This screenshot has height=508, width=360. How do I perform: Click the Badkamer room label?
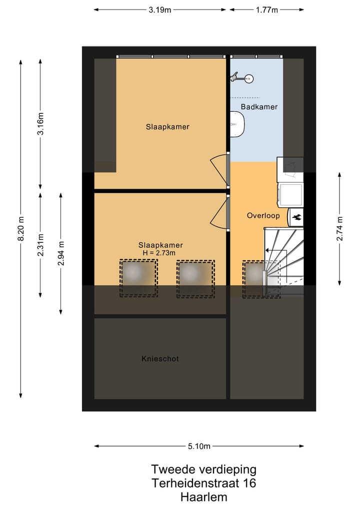click(x=258, y=107)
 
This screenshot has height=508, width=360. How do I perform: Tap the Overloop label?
click(x=263, y=216)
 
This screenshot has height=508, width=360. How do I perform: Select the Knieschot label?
click(x=160, y=359)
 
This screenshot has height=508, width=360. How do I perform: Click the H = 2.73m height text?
click(x=160, y=253)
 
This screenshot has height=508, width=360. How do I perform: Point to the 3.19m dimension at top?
click(x=160, y=9)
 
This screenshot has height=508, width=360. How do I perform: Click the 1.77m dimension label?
click(x=267, y=9)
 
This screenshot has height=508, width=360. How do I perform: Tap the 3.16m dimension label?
click(x=41, y=124)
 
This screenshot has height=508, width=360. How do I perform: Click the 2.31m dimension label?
click(x=41, y=244)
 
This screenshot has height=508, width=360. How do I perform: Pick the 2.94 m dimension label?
click(x=61, y=253)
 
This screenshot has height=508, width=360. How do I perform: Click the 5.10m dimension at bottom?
click(x=199, y=446)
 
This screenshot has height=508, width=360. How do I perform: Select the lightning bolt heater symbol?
click(x=296, y=217)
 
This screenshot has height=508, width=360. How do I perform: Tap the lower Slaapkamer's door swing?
click(x=219, y=212)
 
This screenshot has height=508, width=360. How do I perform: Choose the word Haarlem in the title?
click(x=203, y=497)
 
